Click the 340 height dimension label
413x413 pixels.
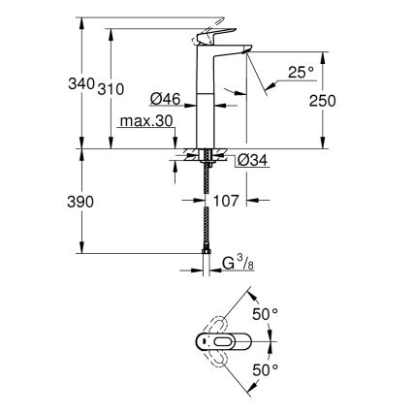point(82,84)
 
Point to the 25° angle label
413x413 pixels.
point(301,70)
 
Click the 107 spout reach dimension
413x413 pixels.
point(227,202)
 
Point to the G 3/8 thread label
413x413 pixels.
point(238,261)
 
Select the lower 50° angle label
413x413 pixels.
point(265,368)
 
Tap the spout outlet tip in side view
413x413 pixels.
point(248,53)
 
